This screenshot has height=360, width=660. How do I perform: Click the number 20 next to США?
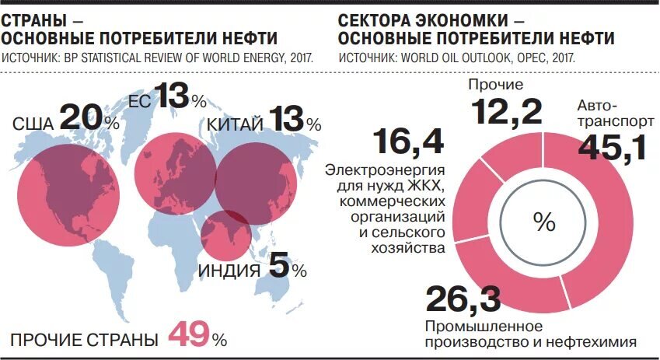(x=80, y=117)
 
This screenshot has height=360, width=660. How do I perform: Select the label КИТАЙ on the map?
(x=235, y=124)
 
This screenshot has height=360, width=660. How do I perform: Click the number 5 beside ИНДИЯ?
(x=278, y=267)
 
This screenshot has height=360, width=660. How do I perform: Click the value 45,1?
(x=613, y=147)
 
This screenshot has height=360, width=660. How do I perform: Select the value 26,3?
(x=463, y=300)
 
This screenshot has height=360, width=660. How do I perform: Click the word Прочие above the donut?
(x=494, y=84)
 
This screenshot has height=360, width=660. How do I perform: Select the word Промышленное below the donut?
(x=482, y=325)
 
